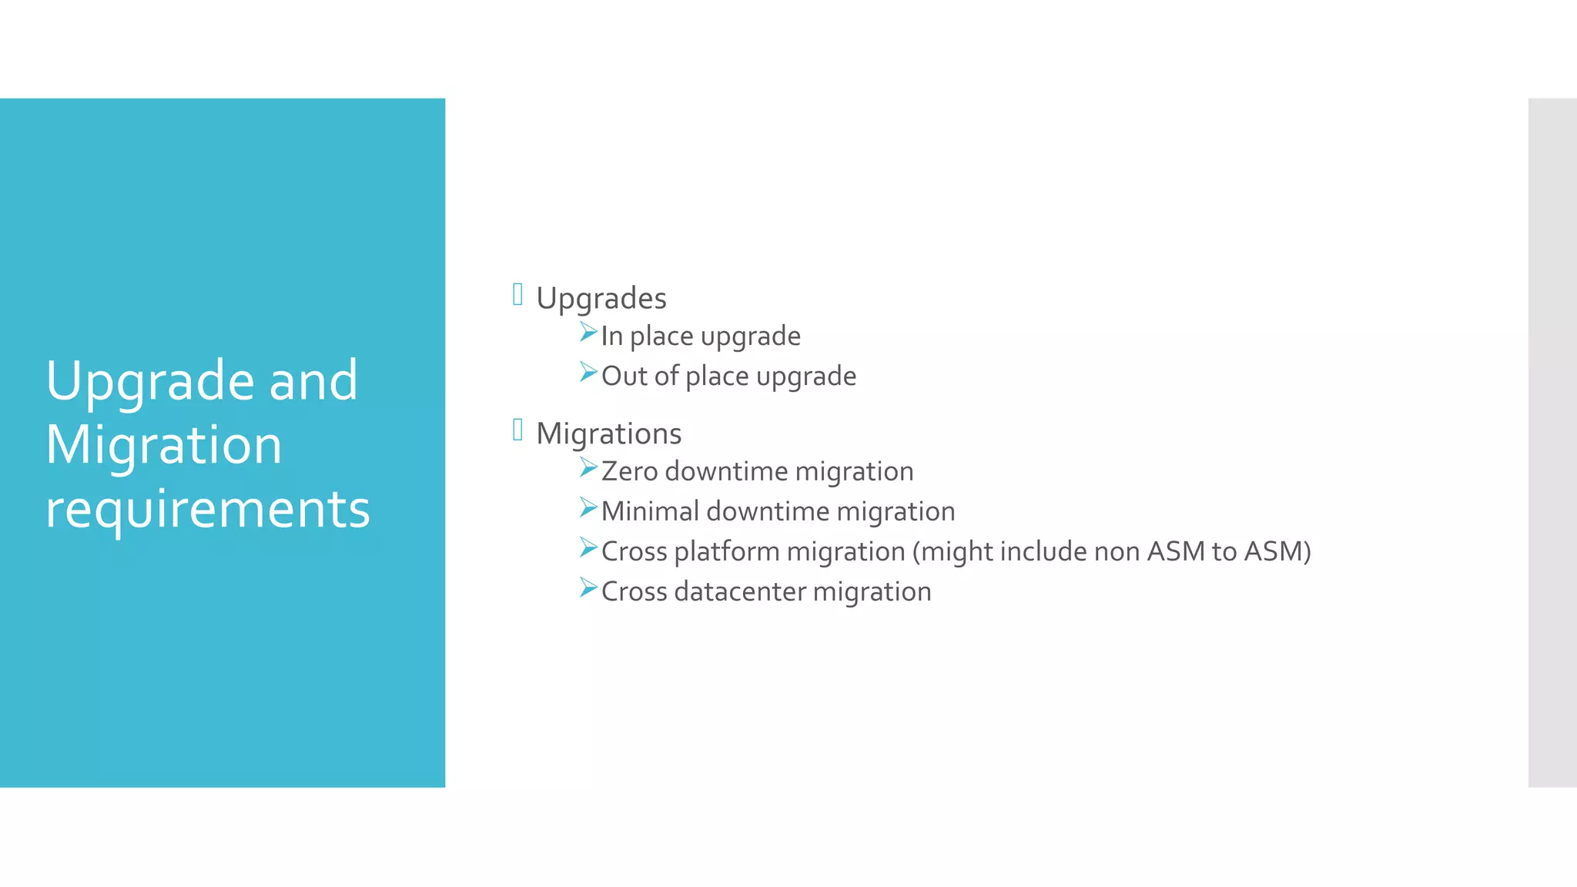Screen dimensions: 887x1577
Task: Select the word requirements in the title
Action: pos(207,510)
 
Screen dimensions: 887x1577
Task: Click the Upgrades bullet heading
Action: pos(601,299)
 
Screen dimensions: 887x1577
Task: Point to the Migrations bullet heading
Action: pos(608,433)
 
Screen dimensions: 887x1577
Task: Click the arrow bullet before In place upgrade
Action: pos(588,333)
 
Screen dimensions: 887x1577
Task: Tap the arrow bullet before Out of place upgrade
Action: pos(588,373)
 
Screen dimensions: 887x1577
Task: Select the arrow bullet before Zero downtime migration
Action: pos(588,467)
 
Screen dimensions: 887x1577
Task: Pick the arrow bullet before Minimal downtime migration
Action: pos(588,507)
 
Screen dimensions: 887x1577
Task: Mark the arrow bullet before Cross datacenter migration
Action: pos(588,588)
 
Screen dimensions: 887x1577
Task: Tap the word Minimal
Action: pos(650,511)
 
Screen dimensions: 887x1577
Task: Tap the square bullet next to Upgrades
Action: pos(517,294)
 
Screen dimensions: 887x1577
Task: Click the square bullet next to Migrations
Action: pos(517,430)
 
